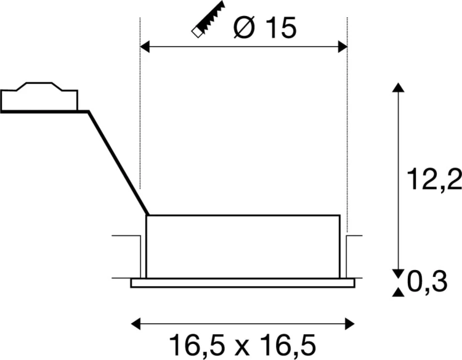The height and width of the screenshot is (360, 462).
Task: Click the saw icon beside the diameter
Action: pos(208,20)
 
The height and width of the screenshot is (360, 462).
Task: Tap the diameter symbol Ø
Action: pos(244,27)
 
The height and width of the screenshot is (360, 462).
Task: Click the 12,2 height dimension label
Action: pos(434,179)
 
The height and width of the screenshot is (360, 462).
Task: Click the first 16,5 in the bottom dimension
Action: pos(197,345)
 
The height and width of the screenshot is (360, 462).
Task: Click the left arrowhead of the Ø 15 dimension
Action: pos(145,47)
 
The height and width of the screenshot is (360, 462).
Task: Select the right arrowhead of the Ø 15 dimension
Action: pos(342,47)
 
